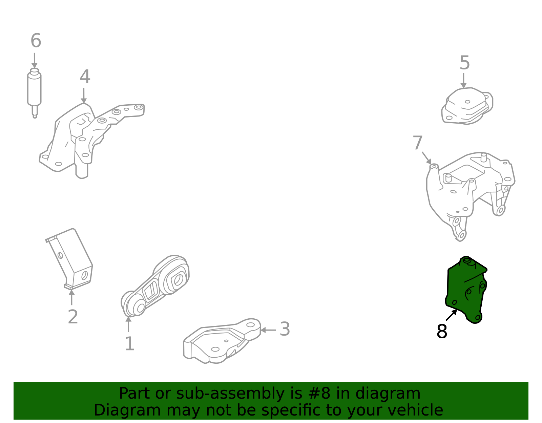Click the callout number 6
tap(36, 41)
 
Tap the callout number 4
tap(85, 77)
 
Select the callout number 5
tap(465, 63)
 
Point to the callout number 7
tap(418, 143)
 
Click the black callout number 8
tap(442, 332)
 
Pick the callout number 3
tap(285, 329)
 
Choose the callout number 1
tap(130, 344)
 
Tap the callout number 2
tap(73, 317)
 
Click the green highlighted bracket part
tap(466, 291)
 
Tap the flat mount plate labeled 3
tap(220, 342)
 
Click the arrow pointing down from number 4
tap(84, 96)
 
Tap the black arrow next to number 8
tap(452, 315)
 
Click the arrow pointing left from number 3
tap(268, 330)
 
